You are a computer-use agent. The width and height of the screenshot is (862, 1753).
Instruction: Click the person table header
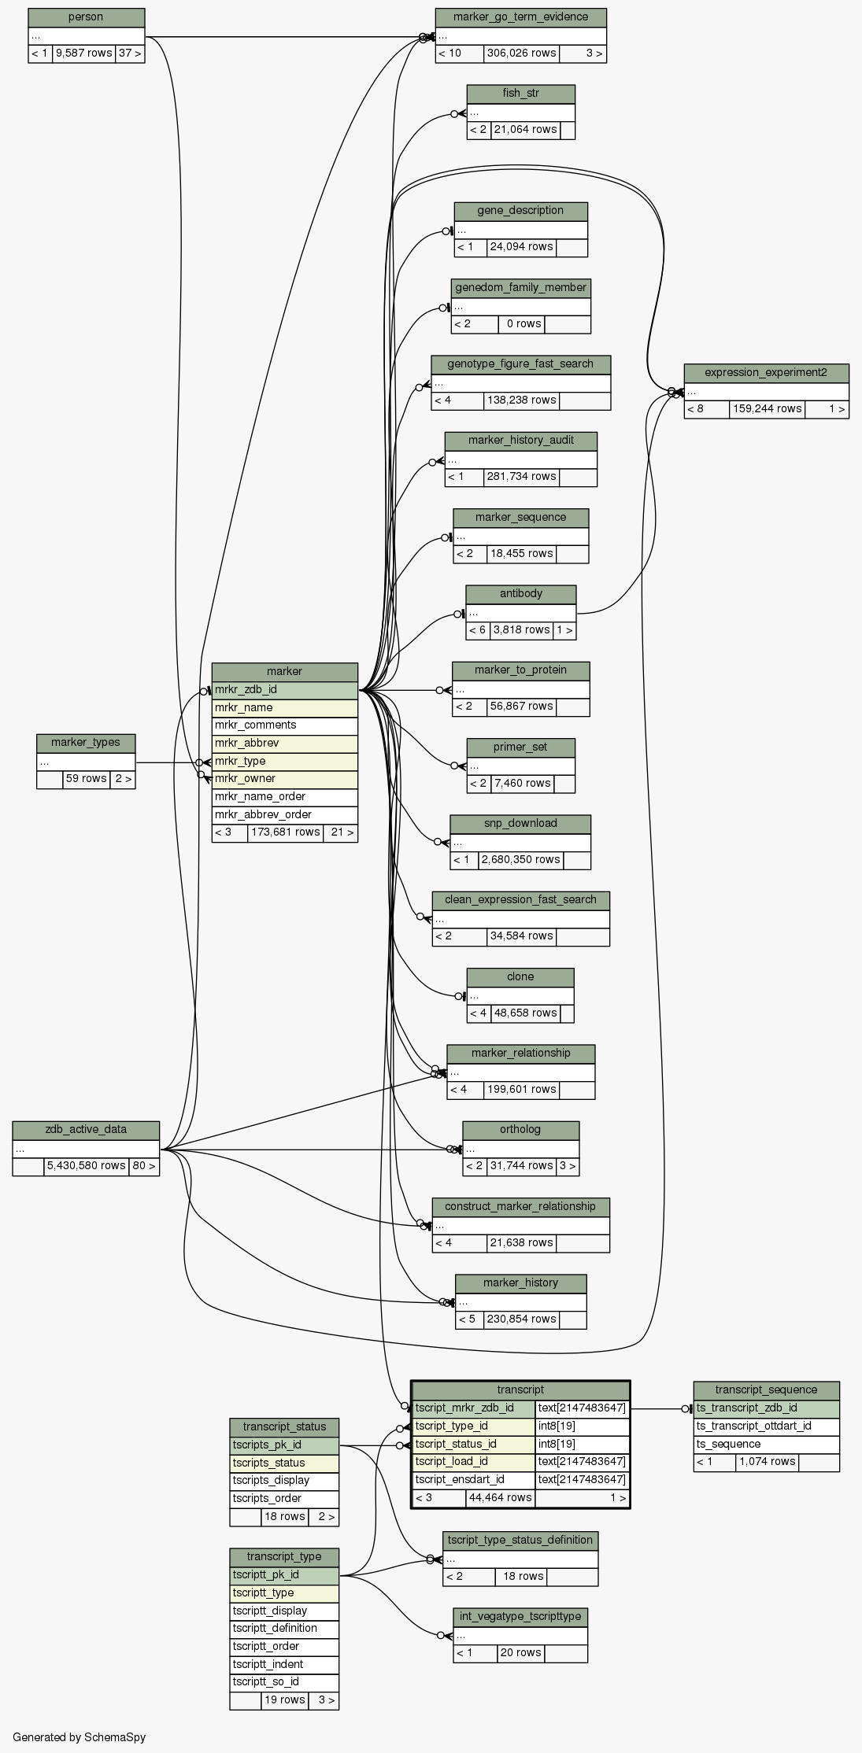[86, 17]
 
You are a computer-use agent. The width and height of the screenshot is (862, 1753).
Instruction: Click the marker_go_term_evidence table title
[520, 17]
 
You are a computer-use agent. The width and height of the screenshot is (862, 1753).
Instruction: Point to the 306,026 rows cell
[520, 54]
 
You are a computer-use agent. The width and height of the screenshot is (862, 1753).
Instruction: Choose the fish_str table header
[520, 94]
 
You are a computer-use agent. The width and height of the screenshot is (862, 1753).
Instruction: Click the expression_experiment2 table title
[766, 372]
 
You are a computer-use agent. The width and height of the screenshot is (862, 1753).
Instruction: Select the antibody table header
[520, 593]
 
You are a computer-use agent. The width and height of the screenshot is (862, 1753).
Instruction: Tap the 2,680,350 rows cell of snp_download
[520, 859]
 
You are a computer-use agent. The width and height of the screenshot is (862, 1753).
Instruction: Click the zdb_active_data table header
[86, 1129]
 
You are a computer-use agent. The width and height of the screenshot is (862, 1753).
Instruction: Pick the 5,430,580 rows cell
[86, 1165]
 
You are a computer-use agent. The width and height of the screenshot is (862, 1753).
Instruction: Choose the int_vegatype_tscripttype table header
[520, 1616]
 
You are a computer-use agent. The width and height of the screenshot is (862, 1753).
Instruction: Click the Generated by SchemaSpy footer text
[80, 1736]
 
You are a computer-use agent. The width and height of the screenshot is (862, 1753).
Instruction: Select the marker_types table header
[86, 742]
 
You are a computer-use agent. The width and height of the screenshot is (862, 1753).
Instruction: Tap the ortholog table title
[520, 1129]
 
